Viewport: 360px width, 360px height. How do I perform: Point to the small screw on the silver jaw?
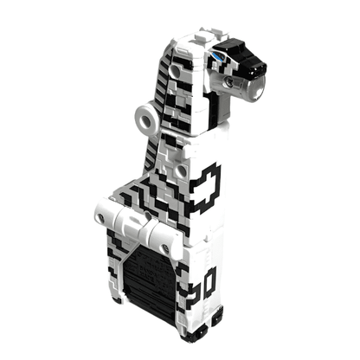(x=229, y=82)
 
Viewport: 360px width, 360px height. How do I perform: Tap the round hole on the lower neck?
(x=182, y=170)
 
